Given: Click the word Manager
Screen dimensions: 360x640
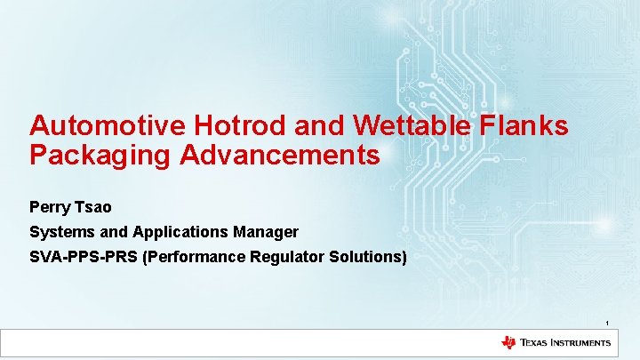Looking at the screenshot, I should (265, 232).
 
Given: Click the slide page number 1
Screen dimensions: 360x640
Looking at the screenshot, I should (607, 322).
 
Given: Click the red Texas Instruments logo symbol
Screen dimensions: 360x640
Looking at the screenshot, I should (508, 342).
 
